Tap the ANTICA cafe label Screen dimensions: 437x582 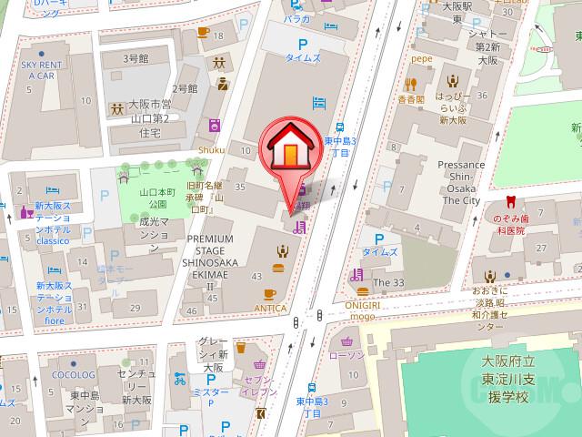269,308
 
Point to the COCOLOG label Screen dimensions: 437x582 74,373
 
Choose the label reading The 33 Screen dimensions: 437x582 388,283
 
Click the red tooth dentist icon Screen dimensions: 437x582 510,202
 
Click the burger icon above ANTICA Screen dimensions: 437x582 277,268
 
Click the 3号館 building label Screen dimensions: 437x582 136,58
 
